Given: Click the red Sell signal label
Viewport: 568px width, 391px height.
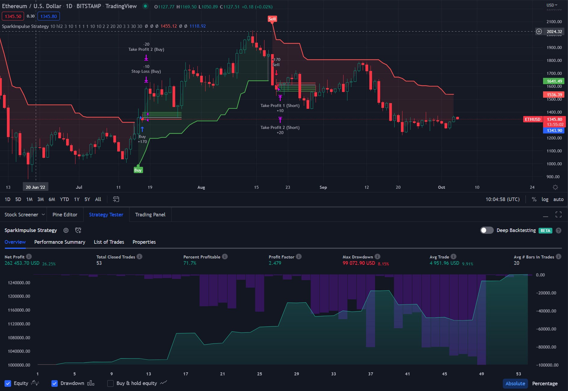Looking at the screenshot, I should tap(272, 19).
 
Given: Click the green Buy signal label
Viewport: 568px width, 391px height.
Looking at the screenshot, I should tap(138, 170).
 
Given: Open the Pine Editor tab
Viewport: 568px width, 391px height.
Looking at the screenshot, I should tap(65, 215).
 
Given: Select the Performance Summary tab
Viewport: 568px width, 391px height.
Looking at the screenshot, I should tap(60, 242).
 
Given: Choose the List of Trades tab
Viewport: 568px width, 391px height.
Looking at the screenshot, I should tap(109, 242).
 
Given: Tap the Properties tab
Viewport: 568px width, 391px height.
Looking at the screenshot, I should tap(144, 242).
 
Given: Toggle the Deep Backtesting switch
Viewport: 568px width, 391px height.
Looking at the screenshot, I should tap(487, 230).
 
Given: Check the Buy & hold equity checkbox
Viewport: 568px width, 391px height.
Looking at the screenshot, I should tap(111, 383).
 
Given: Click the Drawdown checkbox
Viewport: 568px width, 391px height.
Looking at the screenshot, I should tap(54, 383).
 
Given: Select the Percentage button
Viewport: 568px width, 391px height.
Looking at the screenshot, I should tap(545, 383).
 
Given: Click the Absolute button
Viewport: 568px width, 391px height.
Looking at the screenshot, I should tap(515, 383).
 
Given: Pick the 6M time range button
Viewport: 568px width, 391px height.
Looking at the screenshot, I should tap(52, 199).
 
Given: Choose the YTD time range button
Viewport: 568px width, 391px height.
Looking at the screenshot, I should tap(64, 199).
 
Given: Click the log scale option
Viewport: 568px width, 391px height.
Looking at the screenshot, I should tap(545, 199).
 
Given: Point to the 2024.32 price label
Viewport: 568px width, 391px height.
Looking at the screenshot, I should tap(554, 32).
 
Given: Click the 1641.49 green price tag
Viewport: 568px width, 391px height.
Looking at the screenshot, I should tap(554, 81).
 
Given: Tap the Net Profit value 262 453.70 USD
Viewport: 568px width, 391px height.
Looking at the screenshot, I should tap(22, 263).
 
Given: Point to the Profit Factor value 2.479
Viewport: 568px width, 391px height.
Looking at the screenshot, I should tap(275, 263).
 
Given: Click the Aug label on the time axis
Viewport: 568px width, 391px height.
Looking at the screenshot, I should tap(201, 187).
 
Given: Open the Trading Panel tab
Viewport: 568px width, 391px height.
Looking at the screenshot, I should tap(150, 215).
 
